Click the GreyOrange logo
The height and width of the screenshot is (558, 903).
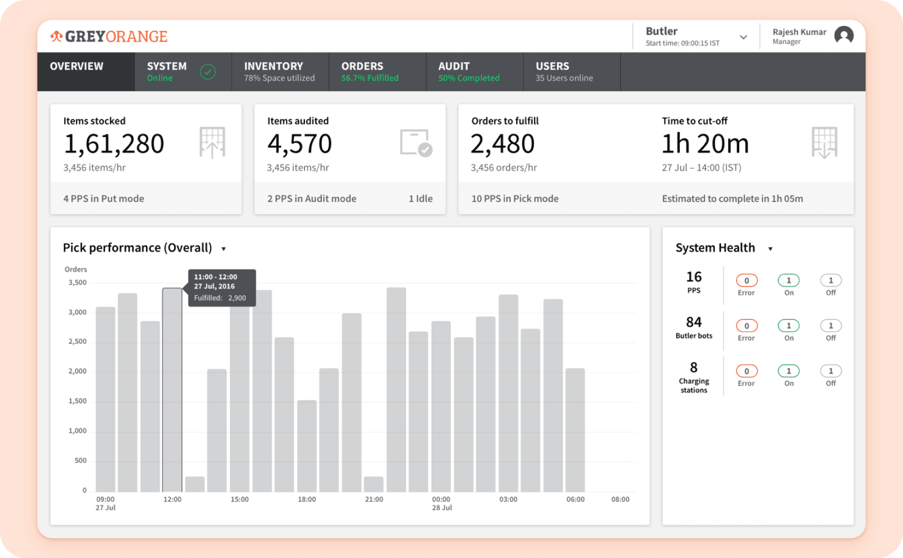click(x=109, y=37)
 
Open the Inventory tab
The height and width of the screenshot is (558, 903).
click(x=279, y=71)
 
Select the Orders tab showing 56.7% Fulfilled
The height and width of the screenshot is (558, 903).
click(x=370, y=71)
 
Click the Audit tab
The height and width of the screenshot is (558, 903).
click(x=469, y=71)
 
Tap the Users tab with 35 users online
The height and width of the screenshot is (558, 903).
click(x=564, y=71)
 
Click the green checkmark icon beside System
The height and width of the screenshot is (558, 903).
click(x=207, y=72)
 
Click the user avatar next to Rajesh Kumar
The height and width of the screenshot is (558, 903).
click(x=844, y=36)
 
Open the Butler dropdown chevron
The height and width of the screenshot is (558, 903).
click(x=743, y=37)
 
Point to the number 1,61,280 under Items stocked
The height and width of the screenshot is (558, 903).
click(x=114, y=144)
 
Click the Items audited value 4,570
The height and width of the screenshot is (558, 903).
click(x=299, y=144)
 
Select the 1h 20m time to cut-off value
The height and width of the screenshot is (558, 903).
click(x=705, y=144)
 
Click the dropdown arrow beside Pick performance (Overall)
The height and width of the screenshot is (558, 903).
click(x=224, y=249)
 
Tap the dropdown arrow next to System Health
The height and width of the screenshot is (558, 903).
click(x=770, y=249)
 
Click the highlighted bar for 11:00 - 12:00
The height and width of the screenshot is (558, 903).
click(x=172, y=387)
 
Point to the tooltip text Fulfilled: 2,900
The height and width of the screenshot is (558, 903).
click(x=220, y=298)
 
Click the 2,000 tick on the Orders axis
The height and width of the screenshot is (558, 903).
click(x=77, y=371)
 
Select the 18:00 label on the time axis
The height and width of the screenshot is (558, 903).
click(x=307, y=499)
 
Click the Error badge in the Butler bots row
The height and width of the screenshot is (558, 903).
click(x=746, y=326)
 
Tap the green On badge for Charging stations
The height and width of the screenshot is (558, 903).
click(x=788, y=371)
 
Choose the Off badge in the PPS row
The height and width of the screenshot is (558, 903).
click(x=831, y=281)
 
